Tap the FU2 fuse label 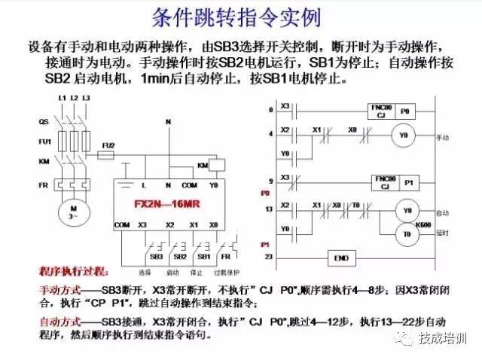(x=109, y=145)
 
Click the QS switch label (x=44, y=121)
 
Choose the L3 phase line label (x=86, y=99)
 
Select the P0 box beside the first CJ (x=405, y=111)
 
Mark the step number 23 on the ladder (x=269, y=258)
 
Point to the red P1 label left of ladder (x=266, y=246)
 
